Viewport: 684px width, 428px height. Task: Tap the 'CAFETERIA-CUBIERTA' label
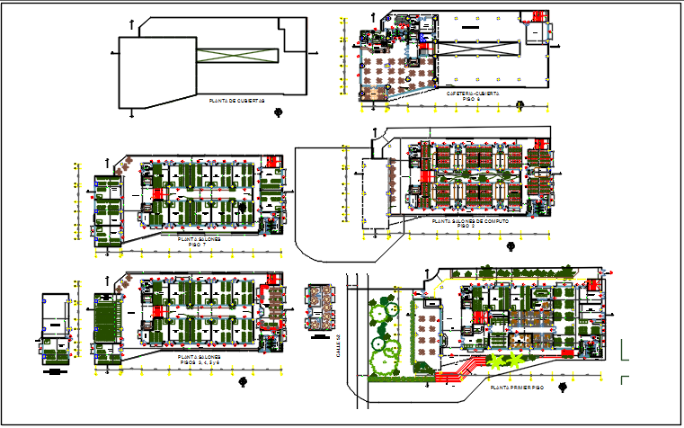coord(473,93)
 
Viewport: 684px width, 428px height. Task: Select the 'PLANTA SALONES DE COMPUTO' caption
coord(469,220)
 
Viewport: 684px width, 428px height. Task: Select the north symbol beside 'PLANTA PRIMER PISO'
coord(561,388)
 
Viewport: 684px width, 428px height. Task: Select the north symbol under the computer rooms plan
coord(510,245)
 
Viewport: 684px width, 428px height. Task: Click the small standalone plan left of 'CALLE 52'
coord(317,308)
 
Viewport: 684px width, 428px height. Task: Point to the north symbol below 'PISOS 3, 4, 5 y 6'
coord(242,380)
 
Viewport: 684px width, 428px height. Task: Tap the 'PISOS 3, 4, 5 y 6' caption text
coord(200,361)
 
